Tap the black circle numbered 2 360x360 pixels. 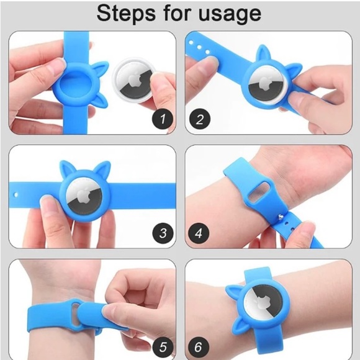[x=200, y=120]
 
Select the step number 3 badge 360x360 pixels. [x=163, y=233]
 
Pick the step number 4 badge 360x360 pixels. [x=200, y=233]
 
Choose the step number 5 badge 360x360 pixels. [x=163, y=346]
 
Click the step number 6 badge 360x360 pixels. [x=200, y=346]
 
